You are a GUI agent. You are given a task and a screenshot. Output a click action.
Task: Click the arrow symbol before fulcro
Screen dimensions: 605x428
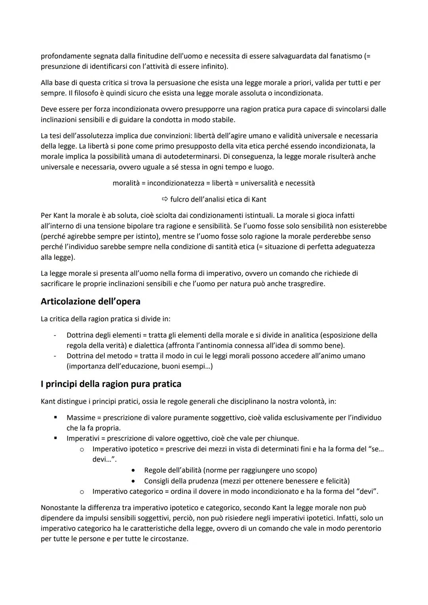click(x=165, y=199)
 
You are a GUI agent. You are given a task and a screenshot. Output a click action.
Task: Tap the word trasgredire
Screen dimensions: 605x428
click(x=305, y=284)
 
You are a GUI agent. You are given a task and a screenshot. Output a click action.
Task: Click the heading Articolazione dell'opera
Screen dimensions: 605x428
click(x=90, y=302)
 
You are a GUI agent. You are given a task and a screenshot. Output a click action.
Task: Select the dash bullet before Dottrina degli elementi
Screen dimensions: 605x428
click(x=55, y=335)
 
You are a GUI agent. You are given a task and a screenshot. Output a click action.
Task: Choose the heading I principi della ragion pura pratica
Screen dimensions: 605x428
click(x=111, y=384)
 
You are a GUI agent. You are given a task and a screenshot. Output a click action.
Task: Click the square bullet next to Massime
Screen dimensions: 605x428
click(x=55, y=418)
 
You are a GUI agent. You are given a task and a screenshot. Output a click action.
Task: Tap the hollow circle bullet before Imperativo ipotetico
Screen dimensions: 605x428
click(x=82, y=449)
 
